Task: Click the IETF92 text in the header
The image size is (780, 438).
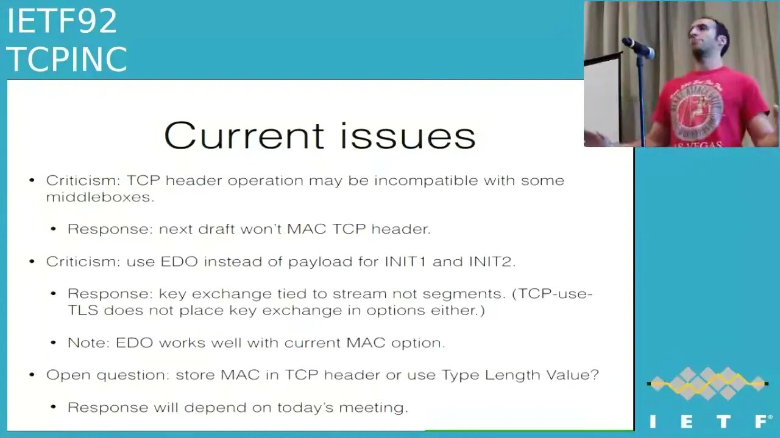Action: tap(62, 21)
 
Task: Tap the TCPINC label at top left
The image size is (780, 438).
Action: tap(67, 59)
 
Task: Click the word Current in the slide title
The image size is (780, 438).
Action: tap(244, 135)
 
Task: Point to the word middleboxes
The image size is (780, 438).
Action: tap(100, 197)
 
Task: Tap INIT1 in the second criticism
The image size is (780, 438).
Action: tap(405, 262)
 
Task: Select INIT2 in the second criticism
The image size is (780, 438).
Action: tap(492, 262)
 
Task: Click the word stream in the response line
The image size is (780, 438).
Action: tap(360, 294)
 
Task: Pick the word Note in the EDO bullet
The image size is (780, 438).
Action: tap(89, 342)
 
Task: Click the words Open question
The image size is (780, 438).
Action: tap(108, 375)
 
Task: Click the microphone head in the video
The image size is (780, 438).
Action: tap(637, 47)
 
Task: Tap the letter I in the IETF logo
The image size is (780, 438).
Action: tap(653, 422)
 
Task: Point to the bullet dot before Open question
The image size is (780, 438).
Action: tap(32, 375)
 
